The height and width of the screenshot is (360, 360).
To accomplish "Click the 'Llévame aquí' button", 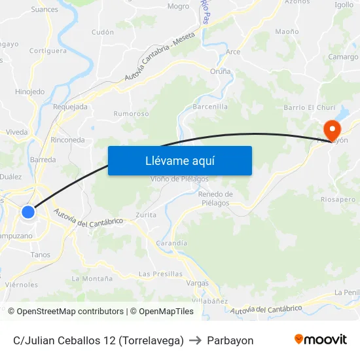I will coord(179,160).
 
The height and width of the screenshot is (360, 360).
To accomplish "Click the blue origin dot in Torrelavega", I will coord(28,211).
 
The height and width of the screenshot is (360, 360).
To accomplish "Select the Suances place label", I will coord(45,9).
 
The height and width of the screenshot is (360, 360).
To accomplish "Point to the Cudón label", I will coord(103,31).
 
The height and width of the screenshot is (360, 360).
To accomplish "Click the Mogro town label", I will coord(178,7).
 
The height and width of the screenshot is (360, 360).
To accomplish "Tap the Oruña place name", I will coord(220,71).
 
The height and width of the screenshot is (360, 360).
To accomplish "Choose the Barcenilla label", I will coord(211,107).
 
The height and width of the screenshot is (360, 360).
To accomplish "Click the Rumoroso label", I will coord(132,113).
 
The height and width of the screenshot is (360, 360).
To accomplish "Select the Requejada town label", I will coord(70,107).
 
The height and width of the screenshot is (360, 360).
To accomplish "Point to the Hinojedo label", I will coord(29,92).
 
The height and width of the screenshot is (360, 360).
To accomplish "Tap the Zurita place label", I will coord(145,215).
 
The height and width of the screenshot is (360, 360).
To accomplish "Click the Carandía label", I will coord(171,243).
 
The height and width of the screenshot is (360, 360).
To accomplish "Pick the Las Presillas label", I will coord(160,274).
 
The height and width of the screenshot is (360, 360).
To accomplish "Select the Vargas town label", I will coord(198,283).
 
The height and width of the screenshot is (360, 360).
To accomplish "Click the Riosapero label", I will coord(338,199).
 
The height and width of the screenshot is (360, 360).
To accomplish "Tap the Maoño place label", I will coord(287,31).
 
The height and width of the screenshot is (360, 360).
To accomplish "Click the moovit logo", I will coord(321,339).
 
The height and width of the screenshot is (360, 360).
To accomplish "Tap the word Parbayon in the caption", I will coord(230,340).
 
